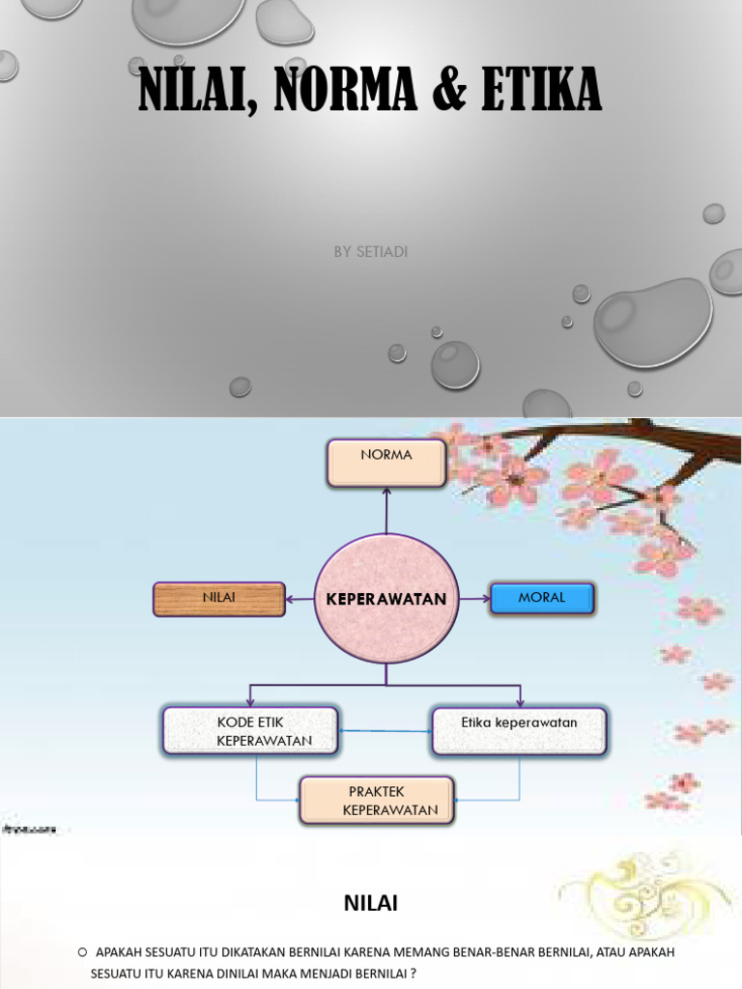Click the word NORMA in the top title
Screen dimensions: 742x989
pos(345,89)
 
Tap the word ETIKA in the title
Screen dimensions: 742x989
pos(541,89)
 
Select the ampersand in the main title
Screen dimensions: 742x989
pos(449,89)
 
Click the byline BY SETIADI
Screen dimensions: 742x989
pos(371,252)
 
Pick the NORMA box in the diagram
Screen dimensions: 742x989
pos(386,463)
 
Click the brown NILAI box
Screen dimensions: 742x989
pos(219,599)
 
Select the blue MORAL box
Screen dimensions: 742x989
pos(542,599)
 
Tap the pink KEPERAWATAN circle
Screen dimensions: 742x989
pos(386,599)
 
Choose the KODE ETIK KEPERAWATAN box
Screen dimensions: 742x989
pos(250,731)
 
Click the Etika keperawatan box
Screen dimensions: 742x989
pos(519,731)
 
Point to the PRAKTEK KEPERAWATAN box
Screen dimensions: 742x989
pos(377,801)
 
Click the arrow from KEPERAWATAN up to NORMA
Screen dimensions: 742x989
pos(386,511)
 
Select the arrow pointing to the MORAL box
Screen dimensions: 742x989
pos(474,599)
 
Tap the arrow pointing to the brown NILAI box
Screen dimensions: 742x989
pos(300,599)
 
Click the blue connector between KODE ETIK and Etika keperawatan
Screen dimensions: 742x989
pos(385,731)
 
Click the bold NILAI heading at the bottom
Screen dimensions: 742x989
pos(371,903)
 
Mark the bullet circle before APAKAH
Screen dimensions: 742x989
pos(83,952)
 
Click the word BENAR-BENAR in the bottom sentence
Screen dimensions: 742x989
pos(496,952)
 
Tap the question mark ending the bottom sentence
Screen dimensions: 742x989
pos(414,974)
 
